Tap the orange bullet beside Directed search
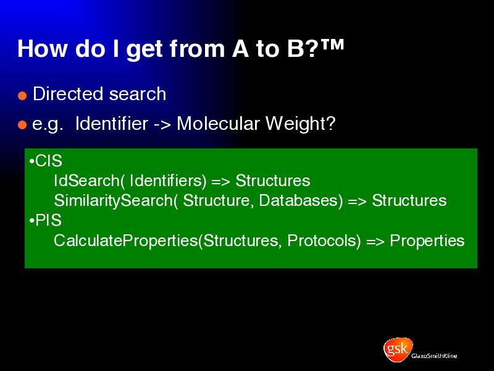pos(22,96)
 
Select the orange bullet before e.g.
pos(22,125)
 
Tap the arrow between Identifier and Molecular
pos(162,125)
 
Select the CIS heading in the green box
pos(46,161)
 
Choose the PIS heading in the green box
pos(45,220)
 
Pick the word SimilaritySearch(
pos(115,200)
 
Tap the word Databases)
pos(301,200)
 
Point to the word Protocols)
pos(324,241)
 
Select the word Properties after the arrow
pos(427,241)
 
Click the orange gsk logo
pos(398,349)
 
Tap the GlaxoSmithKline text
pos(434,356)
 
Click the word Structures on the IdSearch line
pos(273,181)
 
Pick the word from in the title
pos(197,49)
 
